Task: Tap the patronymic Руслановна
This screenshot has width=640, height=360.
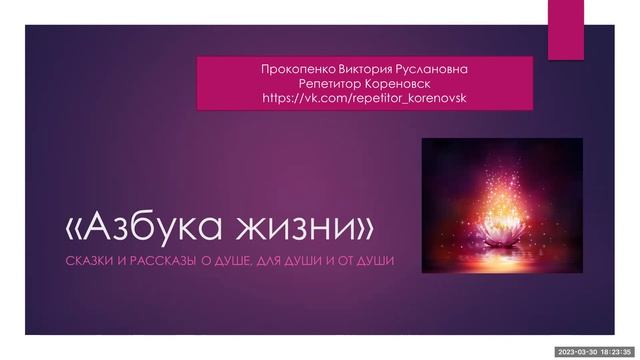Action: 429,69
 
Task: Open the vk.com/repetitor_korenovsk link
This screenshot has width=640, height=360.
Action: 364,99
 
